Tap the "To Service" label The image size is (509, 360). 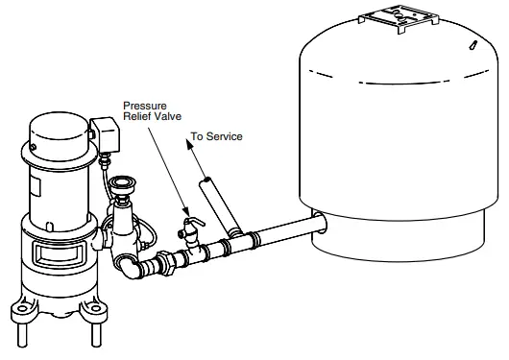216,136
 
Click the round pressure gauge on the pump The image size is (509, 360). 122,186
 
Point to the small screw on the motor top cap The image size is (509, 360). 32,147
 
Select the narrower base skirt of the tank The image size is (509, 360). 403,235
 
